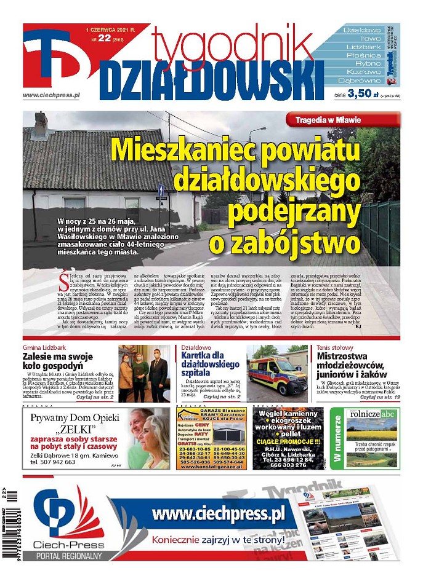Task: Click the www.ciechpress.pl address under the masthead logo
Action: coord(52,95)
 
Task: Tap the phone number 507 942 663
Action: coord(57,461)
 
